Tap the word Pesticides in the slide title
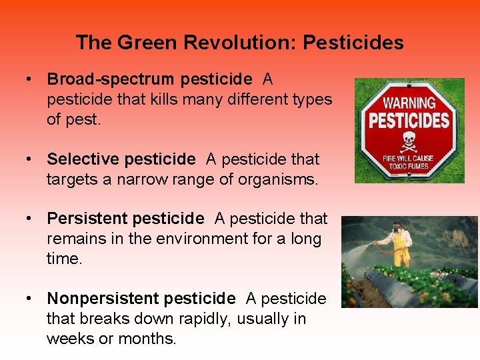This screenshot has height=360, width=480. coord(353,43)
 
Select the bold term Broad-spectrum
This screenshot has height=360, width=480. coord(111,79)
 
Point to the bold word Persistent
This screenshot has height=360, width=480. coord(87,219)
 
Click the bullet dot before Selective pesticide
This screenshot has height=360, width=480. coord(30,159)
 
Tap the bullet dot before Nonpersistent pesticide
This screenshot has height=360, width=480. coord(30,298)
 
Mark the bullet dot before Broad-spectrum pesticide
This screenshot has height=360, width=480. coord(30,79)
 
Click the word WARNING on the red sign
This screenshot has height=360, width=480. coord(409,103)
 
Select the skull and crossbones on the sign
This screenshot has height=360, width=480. coord(409,141)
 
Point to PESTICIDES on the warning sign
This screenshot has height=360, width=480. coord(409,121)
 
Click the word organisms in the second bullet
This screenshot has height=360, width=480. coord(281,179)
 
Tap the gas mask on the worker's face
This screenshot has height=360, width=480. coord(399,228)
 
